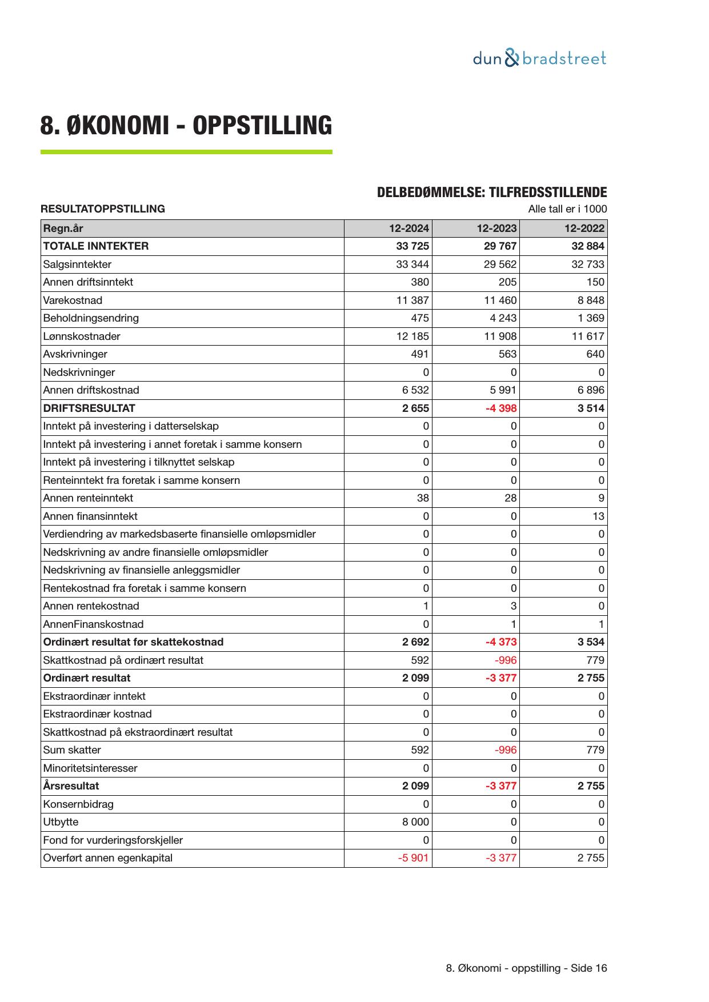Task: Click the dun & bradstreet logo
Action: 539,58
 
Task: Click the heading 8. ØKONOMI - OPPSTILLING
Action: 186,126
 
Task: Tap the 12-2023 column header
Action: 496,229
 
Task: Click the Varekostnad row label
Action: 73,300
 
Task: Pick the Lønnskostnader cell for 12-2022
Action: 588,336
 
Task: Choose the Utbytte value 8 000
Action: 415,822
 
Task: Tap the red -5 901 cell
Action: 413,858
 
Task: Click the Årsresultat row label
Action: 71,786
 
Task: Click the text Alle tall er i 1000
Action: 567,209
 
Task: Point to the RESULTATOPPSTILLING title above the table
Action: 103,209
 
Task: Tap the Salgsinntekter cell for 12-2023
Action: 500,264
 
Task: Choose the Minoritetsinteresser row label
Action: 90,768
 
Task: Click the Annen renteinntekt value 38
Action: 422,498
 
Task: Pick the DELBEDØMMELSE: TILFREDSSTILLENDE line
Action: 492,193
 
